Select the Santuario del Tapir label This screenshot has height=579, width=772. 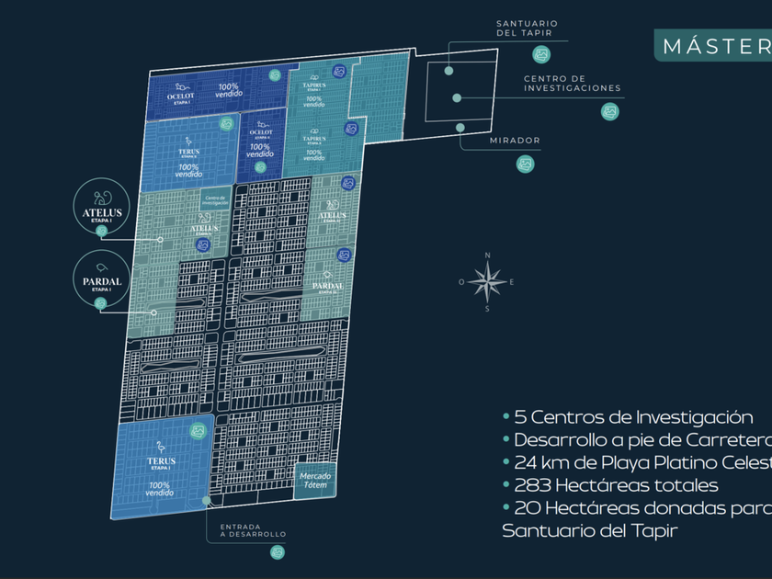pos(527,28)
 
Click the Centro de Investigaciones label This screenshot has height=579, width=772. pos(573,84)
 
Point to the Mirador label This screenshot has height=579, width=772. pos(515,141)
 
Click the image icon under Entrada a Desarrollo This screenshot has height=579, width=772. pos(277,551)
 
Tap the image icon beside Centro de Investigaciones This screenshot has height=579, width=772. pos(610,112)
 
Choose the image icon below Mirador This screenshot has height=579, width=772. pos(525,164)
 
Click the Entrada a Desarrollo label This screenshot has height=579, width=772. pos(253,530)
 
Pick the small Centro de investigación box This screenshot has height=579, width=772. pos(216,199)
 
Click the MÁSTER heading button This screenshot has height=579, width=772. pos(712,45)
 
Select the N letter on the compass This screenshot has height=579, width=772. pos(488,255)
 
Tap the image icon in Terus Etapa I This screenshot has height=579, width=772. pos(197,429)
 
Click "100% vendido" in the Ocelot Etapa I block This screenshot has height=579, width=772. pos(230,89)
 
